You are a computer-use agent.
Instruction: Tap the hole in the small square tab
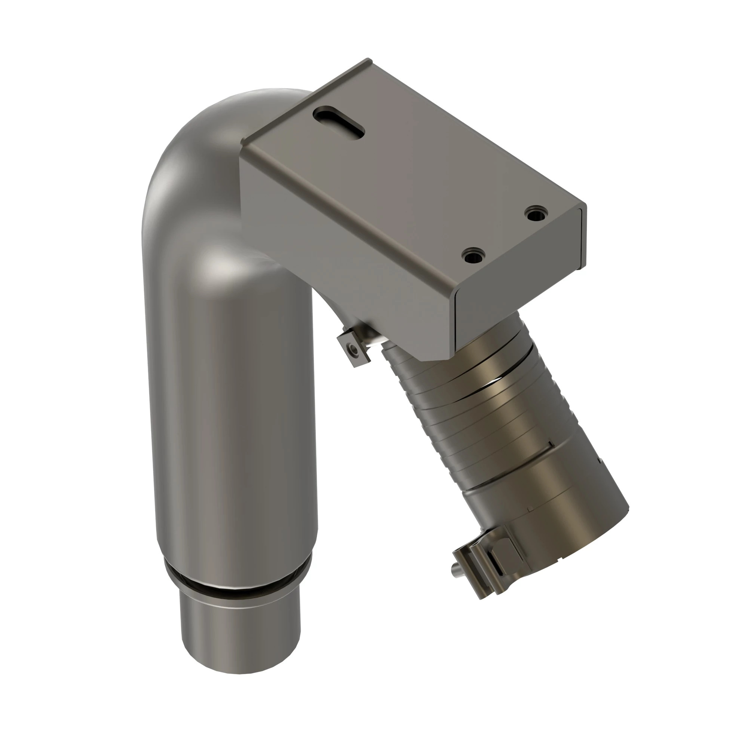[x=353, y=350]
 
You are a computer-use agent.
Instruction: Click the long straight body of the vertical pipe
[x=232, y=426]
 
